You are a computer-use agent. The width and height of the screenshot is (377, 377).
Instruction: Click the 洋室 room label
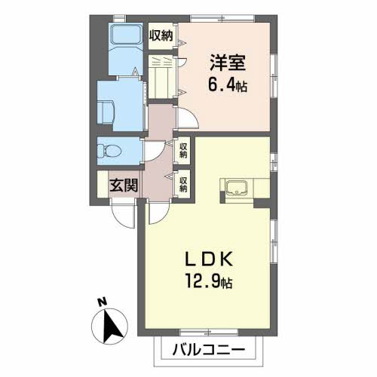pyautogui.click(x=228, y=63)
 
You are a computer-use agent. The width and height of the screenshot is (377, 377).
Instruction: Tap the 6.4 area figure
pyautogui.click(x=221, y=85)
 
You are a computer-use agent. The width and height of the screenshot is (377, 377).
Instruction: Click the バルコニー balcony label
pyautogui.click(x=209, y=350)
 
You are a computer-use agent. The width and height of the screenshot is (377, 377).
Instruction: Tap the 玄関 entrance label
pyautogui.click(x=124, y=185)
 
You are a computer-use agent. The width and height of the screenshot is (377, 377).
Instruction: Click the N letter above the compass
pyautogui.click(x=102, y=302)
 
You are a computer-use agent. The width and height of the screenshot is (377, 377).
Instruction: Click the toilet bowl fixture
pyautogui.click(x=109, y=151)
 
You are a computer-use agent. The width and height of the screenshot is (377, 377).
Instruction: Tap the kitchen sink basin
pyautogui.click(x=236, y=188)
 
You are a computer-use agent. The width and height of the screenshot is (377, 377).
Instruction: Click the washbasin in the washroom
pyautogui.click(x=106, y=112)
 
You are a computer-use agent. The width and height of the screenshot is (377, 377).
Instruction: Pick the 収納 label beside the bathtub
pyautogui.click(x=161, y=36)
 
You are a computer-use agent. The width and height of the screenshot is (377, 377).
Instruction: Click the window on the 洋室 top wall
pyautogui.click(x=222, y=19)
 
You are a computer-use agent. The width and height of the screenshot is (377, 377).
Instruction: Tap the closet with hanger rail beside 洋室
pyautogui.click(x=161, y=77)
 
